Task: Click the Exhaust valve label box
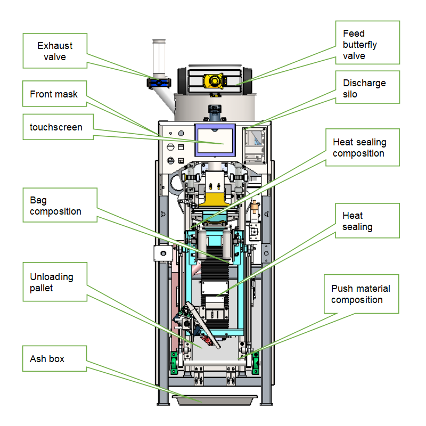point(55,51)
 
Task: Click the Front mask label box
point(55,94)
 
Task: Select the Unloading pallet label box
point(55,282)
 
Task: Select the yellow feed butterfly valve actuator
point(215,81)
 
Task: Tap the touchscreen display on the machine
point(215,140)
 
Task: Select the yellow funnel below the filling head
point(215,199)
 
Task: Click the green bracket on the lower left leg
point(173,363)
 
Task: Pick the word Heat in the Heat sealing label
point(353,216)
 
